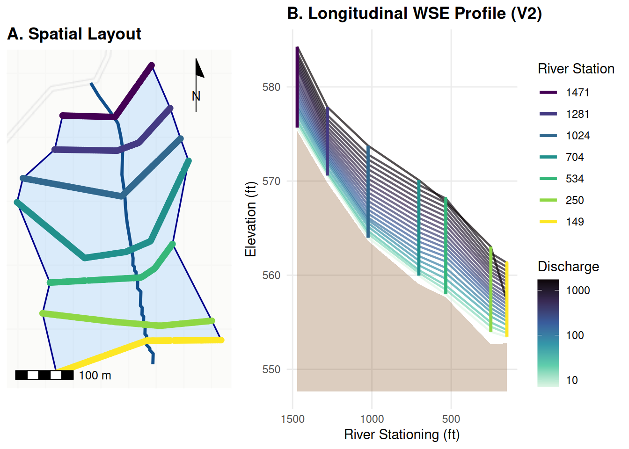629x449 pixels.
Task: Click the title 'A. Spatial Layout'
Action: point(74,34)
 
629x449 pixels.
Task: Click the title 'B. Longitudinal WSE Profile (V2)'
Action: point(415,13)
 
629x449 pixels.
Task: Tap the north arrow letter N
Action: point(196,96)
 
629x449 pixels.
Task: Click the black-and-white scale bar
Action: point(44,375)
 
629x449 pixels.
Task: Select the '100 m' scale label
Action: point(95,376)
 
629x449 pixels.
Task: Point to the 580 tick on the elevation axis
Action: point(271,87)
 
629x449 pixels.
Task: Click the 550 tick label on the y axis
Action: point(271,369)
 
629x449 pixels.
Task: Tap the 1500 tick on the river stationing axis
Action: point(293,419)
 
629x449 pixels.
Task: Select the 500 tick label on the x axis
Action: point(451,419)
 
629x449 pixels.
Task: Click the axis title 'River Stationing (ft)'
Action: point(402,435)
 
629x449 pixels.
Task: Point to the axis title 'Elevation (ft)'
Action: point(250,219)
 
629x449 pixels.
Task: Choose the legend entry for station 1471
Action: point(564,93)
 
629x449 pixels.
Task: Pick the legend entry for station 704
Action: point(562,157)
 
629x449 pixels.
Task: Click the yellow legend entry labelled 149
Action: point(562,222)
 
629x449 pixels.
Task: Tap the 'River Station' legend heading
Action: point(576,69)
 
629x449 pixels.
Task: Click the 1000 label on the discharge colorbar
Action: point(578,290)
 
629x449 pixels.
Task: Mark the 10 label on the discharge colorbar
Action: point(572,380)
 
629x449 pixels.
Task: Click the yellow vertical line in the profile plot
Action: point(507,299)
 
